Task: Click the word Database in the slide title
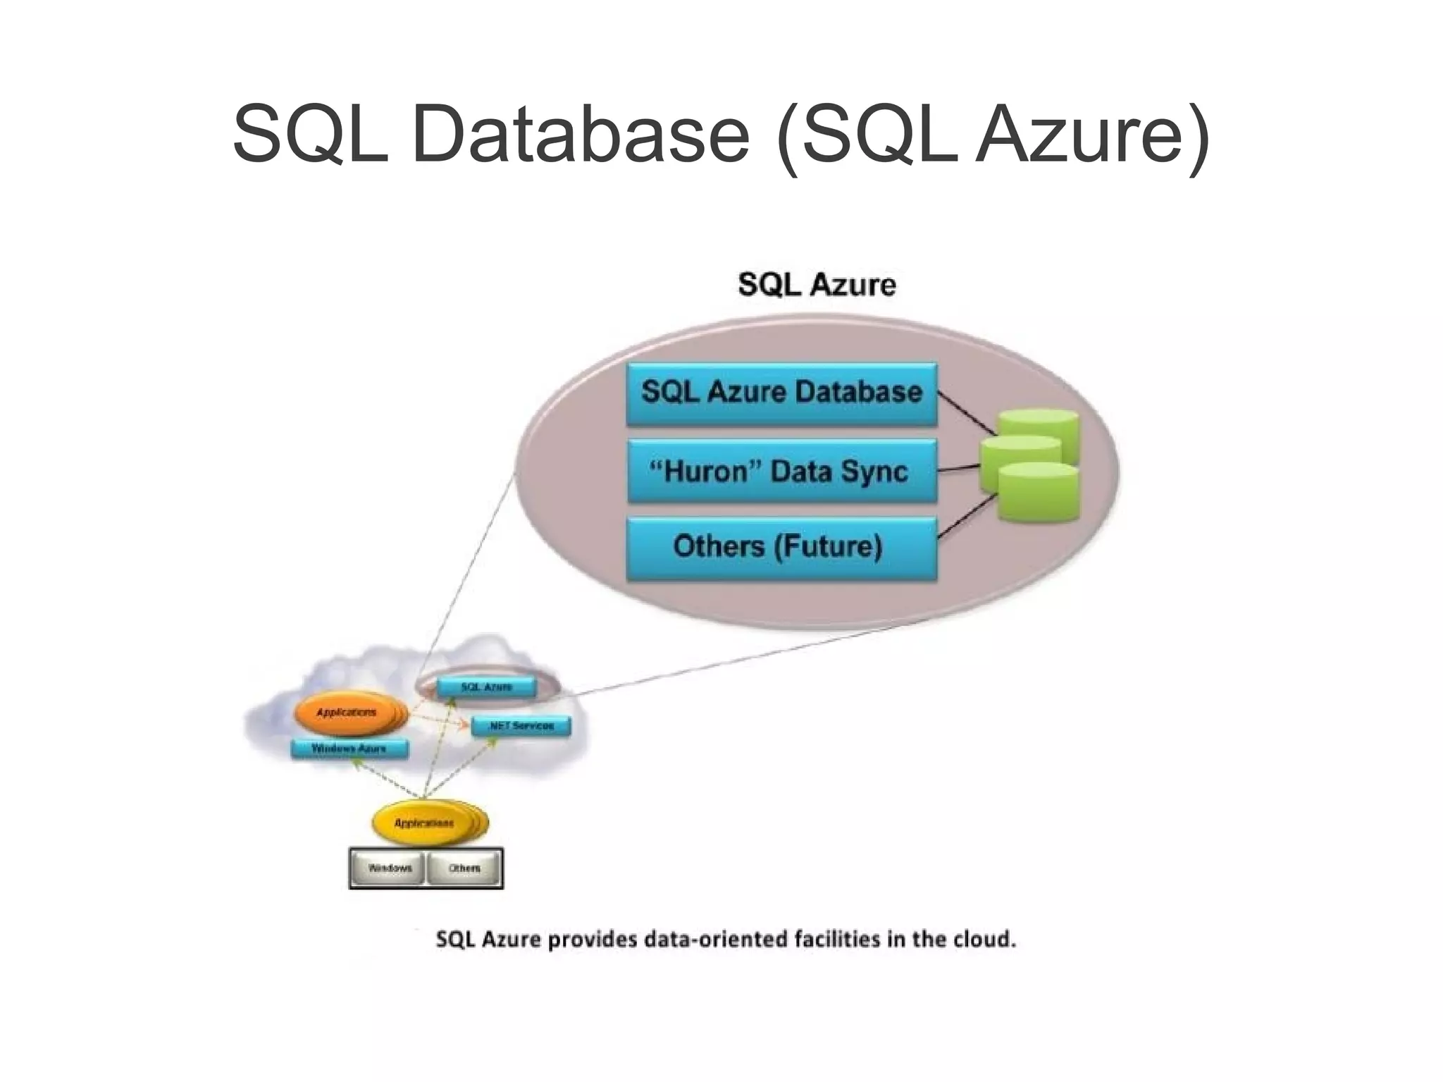[x=581, y=134]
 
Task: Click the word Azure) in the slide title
[x=1093, y=134]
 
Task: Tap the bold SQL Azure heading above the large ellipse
[x=817, y=285]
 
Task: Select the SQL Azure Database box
[x=781, y=393]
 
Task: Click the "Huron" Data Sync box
[x=781, y=471]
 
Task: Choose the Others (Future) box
[x=781, y=548]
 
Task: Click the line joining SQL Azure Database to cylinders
[x=967, y=412]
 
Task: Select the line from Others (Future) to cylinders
[x=967, y=516]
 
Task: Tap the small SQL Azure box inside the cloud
[x=486, y=687]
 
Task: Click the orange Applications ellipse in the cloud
[x=347, y=713]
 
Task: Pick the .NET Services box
[x=521, y=725]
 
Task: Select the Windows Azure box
[x=349, y=748]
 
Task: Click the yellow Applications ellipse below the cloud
[x=424, y=823]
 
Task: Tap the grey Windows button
[x=389, y=868]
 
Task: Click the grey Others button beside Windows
[x=464, y=868]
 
